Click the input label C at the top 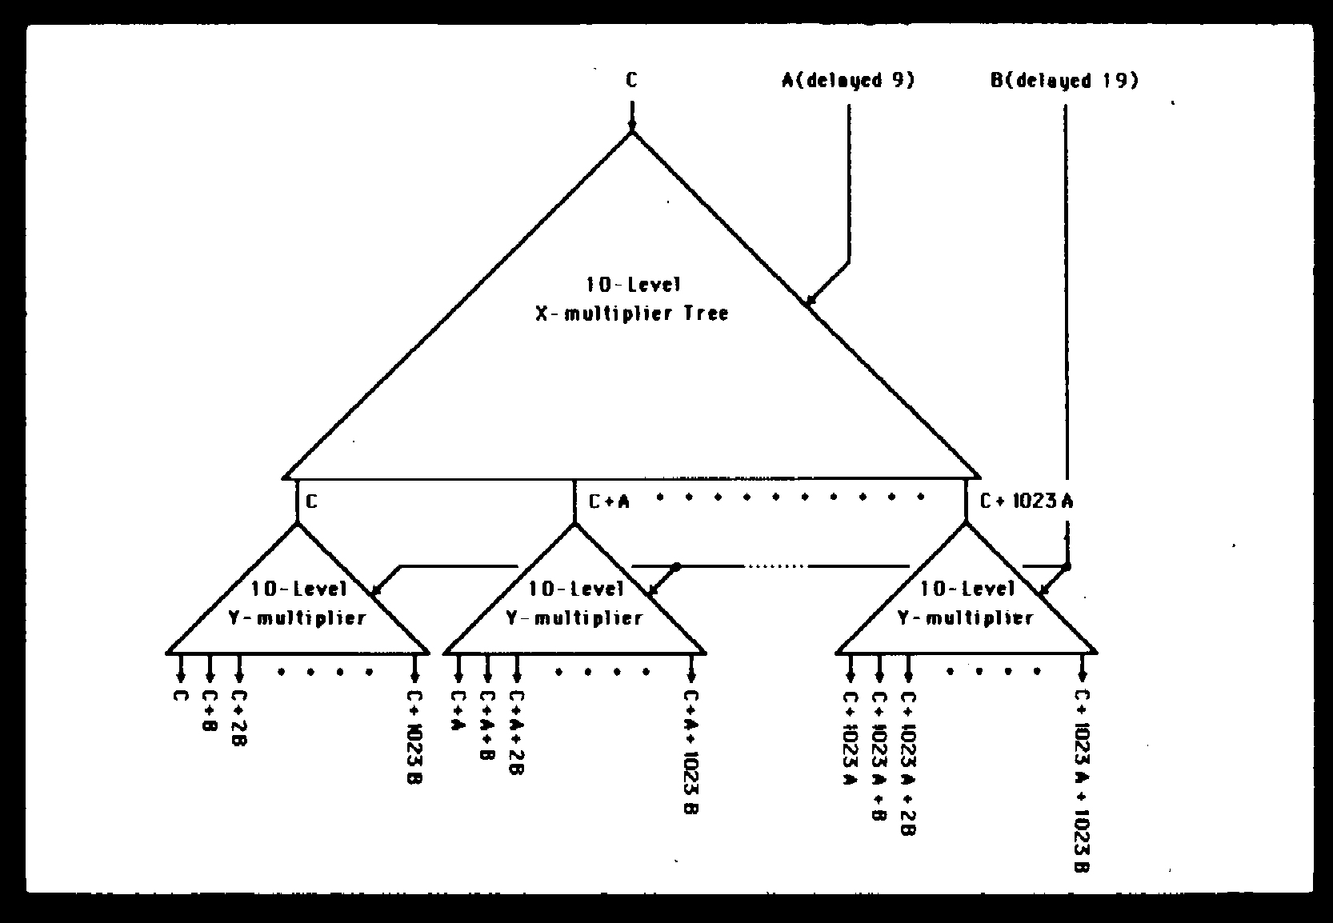click(x=632, y=80)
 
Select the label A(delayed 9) click(x=848, y=80)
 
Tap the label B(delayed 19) click(x=1064, y=81)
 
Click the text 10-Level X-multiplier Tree click(x=632, y=298)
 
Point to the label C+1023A click(x=1027, y=501)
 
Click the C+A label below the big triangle click(x=610, y=501)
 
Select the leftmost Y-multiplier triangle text click(x=298, y=603)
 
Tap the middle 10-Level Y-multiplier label click(x=574, y=603)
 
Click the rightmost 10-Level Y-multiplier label click(x=967, y=603)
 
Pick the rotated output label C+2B click(x=239, y=718)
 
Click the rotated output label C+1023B click(x=415, y=737)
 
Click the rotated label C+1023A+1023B click(x=1082, y=781)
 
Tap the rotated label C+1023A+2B click(x=908, y=763)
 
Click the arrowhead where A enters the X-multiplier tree click(x=809, y=302)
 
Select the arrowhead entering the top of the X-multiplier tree click(x=632, y=126)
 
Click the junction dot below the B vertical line click(x=1066, y=566)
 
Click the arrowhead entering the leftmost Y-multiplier click(x=375, y=591)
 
